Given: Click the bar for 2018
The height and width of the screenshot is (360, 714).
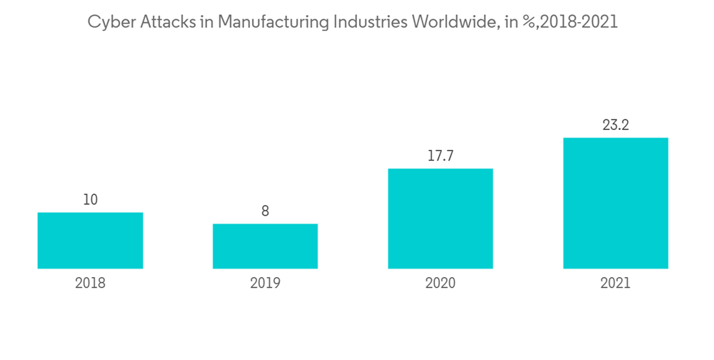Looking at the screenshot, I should pos(90,241).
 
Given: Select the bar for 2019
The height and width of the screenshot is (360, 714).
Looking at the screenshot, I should pos(265,246).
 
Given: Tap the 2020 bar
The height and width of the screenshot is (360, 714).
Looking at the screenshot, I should pos(440,219).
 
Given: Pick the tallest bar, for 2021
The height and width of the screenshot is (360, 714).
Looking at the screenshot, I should pos(615,203).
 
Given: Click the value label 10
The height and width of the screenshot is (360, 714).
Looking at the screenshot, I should pos(90,200).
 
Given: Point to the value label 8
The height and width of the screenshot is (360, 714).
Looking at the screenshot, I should pos(265,211).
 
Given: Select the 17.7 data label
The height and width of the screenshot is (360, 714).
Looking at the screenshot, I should pos(440,156).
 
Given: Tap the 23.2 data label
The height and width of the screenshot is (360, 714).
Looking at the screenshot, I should pos(615,126).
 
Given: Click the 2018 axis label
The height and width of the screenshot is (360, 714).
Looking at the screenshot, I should pos(90,283).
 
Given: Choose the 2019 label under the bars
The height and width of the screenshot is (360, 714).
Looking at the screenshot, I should pos(265,283).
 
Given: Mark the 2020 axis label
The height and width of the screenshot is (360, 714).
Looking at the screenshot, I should pos(440,283).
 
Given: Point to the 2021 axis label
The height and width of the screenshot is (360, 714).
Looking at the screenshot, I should pos(615,283).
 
